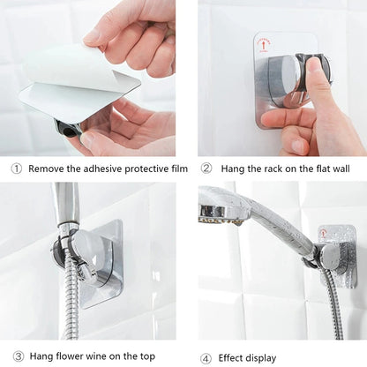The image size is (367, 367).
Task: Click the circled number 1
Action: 17,168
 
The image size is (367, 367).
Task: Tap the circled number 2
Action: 206,168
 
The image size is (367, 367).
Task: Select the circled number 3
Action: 17,356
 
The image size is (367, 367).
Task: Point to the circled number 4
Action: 206,357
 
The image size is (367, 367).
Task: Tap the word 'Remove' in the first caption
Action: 46,168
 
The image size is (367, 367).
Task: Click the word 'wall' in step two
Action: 345,168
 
